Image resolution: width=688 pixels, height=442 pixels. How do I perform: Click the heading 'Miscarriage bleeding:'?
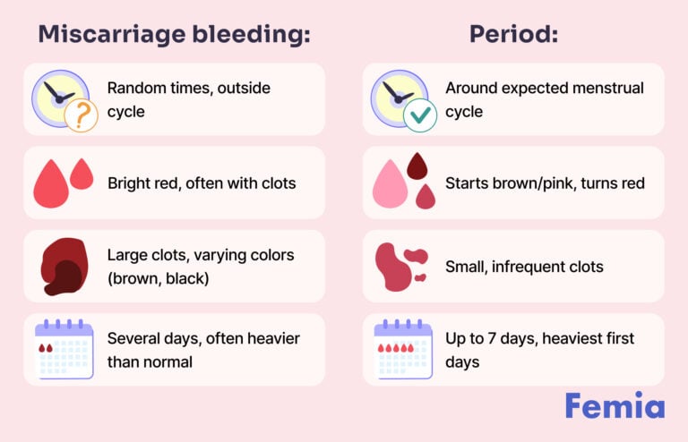[174, 34]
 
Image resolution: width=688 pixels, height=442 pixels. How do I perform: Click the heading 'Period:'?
[513, 34]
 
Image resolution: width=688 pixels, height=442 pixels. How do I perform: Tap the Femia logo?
[615, 405]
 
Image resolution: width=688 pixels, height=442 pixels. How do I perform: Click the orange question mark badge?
[80, 115]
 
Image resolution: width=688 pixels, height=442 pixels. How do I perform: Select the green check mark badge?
[419, 115]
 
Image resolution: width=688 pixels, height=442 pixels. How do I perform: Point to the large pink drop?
[391, 184]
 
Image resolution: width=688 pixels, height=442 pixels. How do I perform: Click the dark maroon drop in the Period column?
[417, 166]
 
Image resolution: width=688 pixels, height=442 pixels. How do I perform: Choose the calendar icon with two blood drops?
[63, 349]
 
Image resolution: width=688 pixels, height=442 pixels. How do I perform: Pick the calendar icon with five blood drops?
[402, 349]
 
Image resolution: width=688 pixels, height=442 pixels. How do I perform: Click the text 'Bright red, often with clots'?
[202, 183]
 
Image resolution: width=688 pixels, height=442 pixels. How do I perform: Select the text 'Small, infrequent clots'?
[524, 267]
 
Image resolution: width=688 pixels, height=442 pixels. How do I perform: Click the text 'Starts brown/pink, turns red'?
[545, 183]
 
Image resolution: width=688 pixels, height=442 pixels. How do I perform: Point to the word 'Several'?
[133, 338]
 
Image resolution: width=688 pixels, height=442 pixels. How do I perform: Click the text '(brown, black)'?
[158, 278]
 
